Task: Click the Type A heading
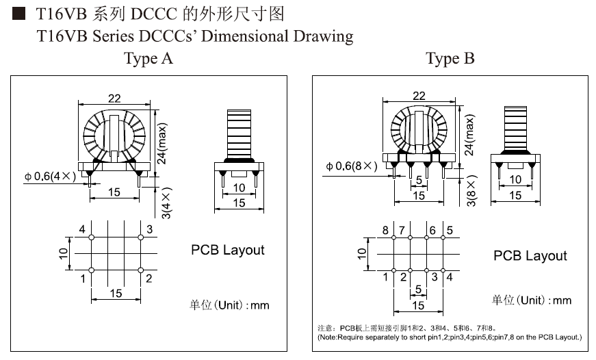point(148,59)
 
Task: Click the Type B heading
point(450,59)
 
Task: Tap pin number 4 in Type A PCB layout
point(82,229)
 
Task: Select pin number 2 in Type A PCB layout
point(148,279)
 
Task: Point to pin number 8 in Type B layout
point(385,230)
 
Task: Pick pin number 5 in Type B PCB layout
point(450,230)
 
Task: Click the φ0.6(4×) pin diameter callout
point(47,177)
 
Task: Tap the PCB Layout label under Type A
point(227,250)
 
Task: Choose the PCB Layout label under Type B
point(530,256)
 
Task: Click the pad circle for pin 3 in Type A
point(140,237)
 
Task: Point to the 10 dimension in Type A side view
point(239,188)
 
